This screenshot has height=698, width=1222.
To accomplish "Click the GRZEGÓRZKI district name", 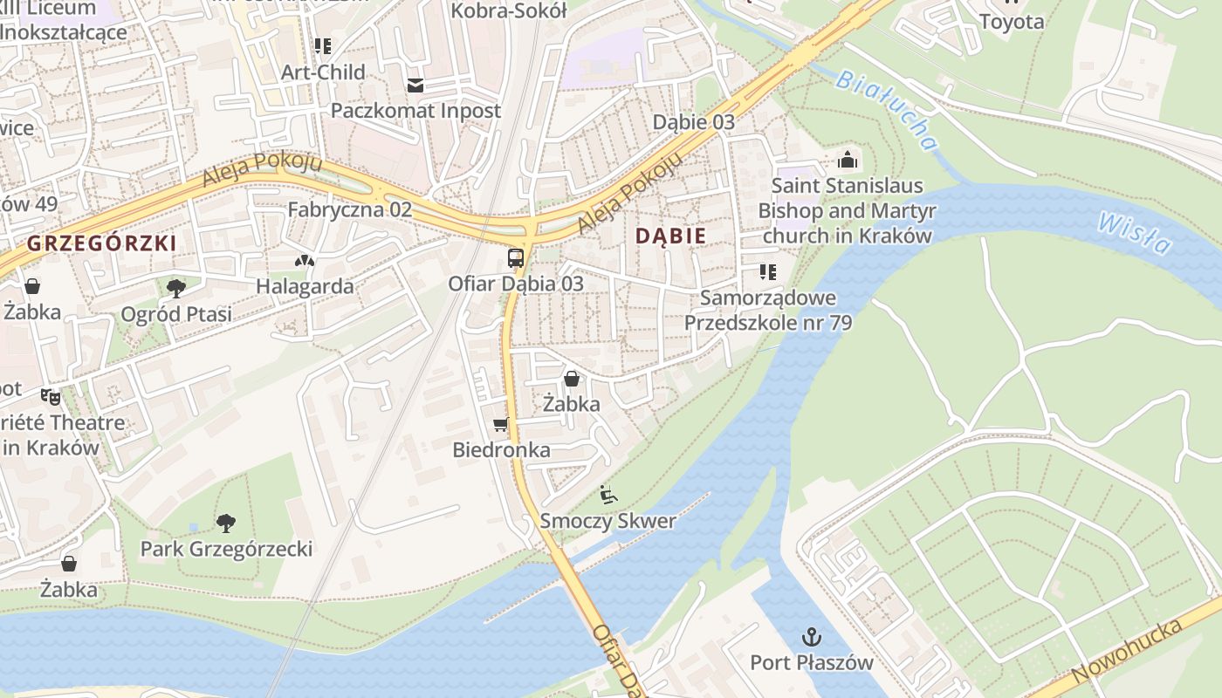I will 101,243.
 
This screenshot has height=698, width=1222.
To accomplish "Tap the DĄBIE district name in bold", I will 670,236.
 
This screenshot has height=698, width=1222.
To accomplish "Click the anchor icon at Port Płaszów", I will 812,636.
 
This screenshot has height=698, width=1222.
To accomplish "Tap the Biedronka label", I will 501,450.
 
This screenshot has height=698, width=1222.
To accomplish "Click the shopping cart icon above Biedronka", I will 500,424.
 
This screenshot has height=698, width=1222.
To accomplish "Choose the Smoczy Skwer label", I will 608,522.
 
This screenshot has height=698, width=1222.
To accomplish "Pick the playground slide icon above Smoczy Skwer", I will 608,495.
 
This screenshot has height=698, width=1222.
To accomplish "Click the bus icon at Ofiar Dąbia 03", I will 515,258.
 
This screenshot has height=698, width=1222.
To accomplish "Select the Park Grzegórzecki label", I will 226,549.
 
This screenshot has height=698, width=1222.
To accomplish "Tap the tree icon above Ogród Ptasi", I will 176,287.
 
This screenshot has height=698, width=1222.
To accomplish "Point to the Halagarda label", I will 305,286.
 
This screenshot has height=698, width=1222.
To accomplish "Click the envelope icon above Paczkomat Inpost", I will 415,85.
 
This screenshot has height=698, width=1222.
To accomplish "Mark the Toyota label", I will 1012,22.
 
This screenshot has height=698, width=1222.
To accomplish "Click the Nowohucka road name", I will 1126,652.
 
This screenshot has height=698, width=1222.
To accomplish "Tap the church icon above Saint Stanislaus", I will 847,160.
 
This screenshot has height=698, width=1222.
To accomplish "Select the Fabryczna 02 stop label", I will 349,209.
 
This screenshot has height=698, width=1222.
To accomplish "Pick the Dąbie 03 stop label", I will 694,122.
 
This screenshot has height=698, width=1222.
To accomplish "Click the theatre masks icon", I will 50,397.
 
